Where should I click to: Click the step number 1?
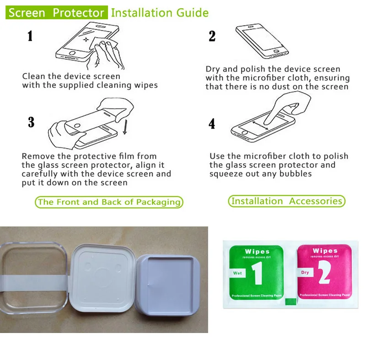(x=30, y=36)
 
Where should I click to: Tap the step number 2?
(x=212, y=36)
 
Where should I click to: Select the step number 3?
(x=31, y=122)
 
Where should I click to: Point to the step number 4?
(x=212, y=124)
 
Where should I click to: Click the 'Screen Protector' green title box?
(x=56, y=12)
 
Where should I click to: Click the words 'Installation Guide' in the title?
(x=160, y=13)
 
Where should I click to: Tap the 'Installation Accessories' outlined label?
(x=287, y=201)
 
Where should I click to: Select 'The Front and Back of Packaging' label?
(x=109, y=202)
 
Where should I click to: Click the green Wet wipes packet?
(x=256, y=273)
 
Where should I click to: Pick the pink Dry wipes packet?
(x=324, y=272)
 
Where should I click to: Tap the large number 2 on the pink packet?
(x=324, y=272)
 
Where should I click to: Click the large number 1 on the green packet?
(x=257, y=273)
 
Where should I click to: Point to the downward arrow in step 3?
(x=125, y=127)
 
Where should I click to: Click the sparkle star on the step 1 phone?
(x=86, y=40)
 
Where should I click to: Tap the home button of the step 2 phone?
(x=276, y=51)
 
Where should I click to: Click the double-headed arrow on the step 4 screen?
(x=260, y=125)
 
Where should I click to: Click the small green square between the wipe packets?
(x=291, y=301)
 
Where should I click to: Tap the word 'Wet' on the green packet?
(x=237, y=273)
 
